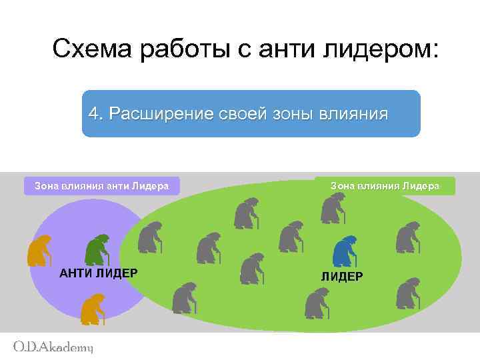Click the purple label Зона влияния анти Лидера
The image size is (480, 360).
tap(101, 186)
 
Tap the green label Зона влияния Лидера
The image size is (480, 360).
tap(385, 186)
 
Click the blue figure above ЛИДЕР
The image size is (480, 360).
tap(344, 251)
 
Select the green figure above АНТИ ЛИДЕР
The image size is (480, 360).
tap(97, 249)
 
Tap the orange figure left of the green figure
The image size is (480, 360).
tap(39, 250)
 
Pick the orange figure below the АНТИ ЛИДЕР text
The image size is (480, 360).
tap(91, 307)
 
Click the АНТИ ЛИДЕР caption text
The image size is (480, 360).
tap(99, 273)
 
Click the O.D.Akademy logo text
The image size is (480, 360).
tap(53, 347)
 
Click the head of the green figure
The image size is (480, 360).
tap(103, 239)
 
